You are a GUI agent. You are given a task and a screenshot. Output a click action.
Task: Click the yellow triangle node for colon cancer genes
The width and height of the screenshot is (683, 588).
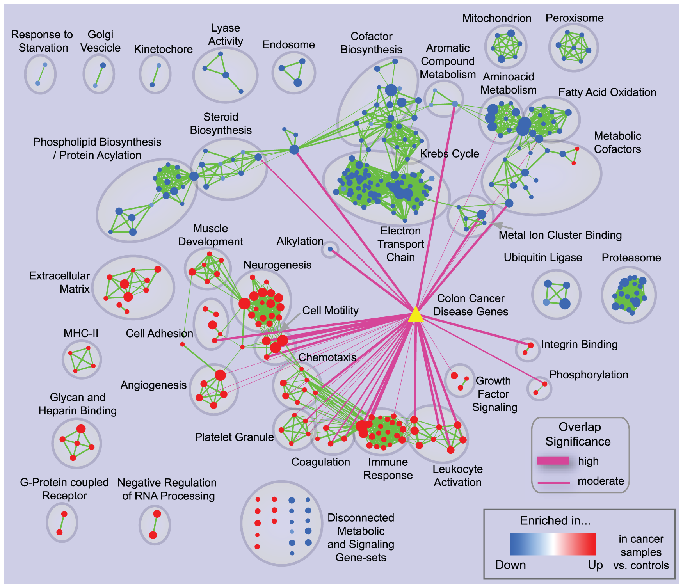(x=416, y=315)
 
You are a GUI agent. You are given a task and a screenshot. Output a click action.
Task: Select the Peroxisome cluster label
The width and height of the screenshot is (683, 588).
(x=575, y=18)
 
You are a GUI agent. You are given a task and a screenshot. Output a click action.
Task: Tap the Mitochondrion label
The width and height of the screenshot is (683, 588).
(x=497, y=18)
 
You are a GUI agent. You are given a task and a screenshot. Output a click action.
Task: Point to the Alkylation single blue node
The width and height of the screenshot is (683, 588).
(x=330, y=249)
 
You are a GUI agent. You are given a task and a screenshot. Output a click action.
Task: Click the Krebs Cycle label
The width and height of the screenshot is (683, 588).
(x=450, y=154)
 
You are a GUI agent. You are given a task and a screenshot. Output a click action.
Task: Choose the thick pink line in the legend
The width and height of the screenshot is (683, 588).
(x=553, y=460)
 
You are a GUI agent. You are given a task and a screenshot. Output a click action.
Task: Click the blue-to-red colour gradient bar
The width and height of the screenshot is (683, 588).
(x=553, y=544)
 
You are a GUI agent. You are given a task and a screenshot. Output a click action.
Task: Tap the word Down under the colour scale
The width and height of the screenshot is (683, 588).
(x=510, y=565)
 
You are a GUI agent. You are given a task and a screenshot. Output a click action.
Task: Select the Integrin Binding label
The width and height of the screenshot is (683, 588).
(x=579, y=345)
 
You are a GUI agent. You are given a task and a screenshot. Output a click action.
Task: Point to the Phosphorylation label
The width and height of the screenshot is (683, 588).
(x=589, y=375)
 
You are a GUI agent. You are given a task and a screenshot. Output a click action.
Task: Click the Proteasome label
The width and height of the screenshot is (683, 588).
(x=631, y=258)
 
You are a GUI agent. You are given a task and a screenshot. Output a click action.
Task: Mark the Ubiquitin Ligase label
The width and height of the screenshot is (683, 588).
(x=543, y=258)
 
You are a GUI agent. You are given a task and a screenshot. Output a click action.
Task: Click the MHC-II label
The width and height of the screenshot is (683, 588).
(x=81, y=333)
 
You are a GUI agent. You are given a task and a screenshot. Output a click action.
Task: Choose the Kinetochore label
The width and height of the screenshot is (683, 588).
(x=163, y=49)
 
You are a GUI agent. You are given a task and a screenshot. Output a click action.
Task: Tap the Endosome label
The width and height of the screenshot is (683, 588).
(x=288, y=45)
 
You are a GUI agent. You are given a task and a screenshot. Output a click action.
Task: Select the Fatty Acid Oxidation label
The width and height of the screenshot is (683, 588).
(x=607, y=92)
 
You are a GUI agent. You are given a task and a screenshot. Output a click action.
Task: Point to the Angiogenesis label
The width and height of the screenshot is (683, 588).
(x=153, y=385)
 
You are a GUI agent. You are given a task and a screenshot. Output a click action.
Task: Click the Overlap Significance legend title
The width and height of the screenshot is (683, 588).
(x=579, y=434)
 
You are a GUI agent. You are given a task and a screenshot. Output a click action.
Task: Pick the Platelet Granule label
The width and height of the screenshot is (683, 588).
(x=234, y=437)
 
